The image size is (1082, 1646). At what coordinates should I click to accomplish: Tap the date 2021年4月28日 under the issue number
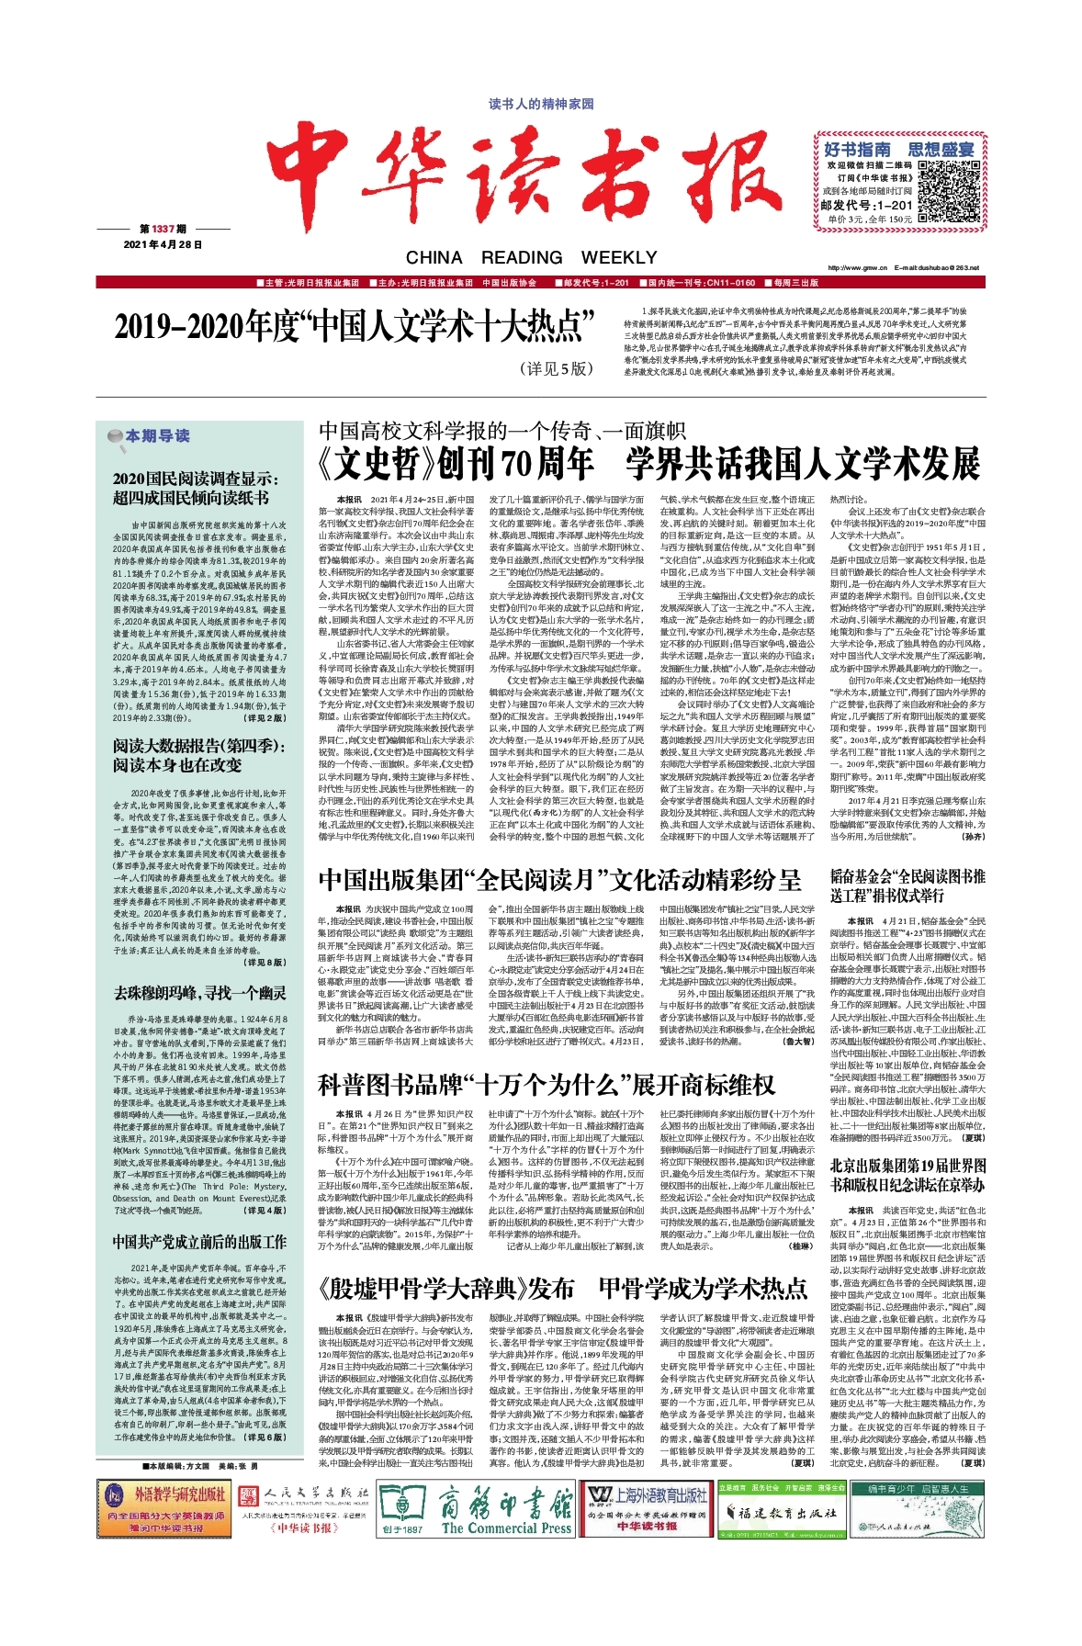coord(163,244)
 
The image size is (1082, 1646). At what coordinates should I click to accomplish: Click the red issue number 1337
coord(163,229)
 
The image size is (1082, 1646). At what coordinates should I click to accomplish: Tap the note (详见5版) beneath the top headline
coord(557,368)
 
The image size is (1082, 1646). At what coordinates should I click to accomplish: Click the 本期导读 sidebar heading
coord(156,435)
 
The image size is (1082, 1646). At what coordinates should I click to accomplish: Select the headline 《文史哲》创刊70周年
coord(455,465)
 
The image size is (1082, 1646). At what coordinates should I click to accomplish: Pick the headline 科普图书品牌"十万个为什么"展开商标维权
coord(546,1084)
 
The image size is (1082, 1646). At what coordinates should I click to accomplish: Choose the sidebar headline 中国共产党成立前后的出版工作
coord(199,1241)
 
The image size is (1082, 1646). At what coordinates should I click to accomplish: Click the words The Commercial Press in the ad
coord(506,1553)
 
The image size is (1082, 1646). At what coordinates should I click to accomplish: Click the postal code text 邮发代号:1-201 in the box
coord(866,205)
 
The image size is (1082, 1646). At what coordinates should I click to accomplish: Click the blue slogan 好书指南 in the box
coord(857,149)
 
